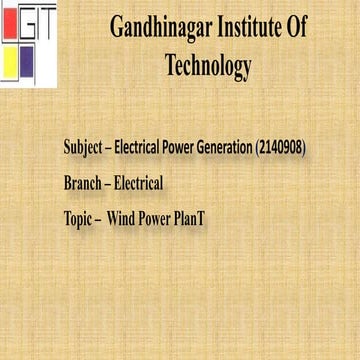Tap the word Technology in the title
(x=207, y=66)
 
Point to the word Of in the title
(x=296, y=28)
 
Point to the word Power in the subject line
(x=170, y=148)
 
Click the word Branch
(x=82, y=183)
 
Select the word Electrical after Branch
(x=138, y=183)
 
